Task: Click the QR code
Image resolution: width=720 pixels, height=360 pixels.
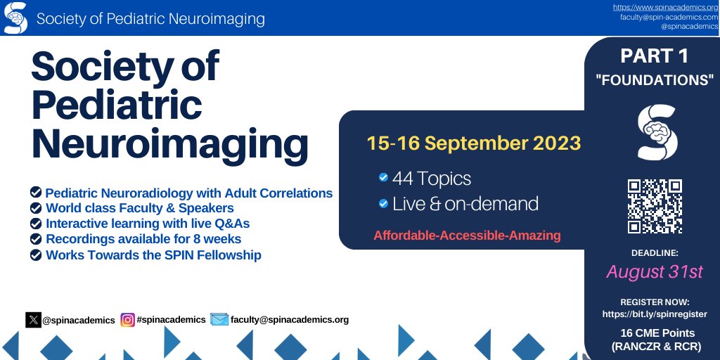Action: (655, 206)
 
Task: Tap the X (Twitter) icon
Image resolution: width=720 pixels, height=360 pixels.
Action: (34, 320)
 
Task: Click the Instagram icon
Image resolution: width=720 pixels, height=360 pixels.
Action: (127, 320)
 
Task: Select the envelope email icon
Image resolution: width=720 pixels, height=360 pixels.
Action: (219, 320)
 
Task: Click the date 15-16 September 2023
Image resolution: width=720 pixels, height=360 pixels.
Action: (473, 143)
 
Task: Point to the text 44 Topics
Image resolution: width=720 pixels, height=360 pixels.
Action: (431, 179)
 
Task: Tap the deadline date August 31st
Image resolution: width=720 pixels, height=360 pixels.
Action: (655, 271)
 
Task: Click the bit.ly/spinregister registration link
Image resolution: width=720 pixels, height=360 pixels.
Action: (655, 314)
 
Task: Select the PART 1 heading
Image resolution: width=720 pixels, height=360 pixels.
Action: (655, 56)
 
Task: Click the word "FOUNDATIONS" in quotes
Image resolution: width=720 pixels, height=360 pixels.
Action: (655, 80)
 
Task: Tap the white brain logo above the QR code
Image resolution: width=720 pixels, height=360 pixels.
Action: (655, 131)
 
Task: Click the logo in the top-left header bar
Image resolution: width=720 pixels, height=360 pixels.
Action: (15, 18)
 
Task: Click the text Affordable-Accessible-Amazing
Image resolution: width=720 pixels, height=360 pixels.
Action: (467, 236)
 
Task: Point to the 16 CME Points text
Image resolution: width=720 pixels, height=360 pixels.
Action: (657, 333)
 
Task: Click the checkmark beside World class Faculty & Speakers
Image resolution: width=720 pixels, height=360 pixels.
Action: (35, 208)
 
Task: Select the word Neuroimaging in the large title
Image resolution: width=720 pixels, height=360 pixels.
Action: (169, 144)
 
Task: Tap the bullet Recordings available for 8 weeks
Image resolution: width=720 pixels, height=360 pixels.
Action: (143, 239)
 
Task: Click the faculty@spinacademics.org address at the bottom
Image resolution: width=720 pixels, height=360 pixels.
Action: (289, 320)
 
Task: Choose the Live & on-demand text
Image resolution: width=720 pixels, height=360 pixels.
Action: (465, 205)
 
